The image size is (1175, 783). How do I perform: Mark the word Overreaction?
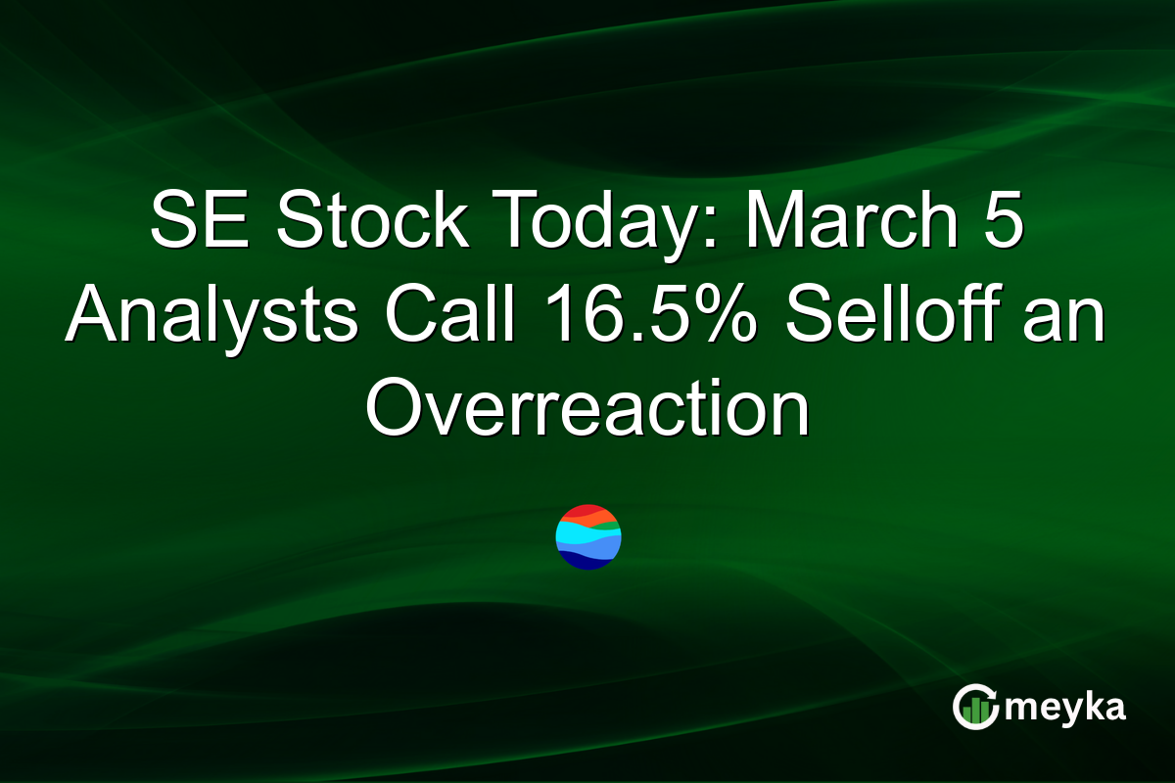(x=587, y=412)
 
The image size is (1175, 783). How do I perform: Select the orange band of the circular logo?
(x=605, y=520)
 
